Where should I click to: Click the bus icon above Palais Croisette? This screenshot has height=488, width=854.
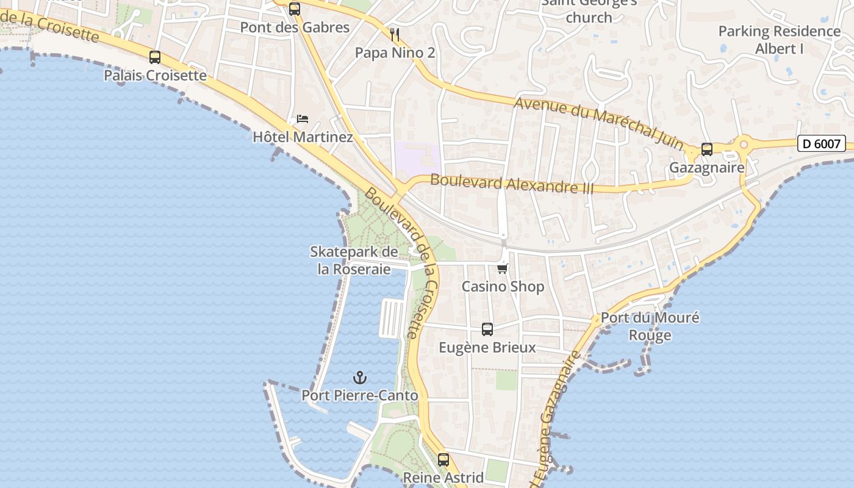coord(155,57)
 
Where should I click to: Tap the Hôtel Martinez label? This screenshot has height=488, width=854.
coord(303,137)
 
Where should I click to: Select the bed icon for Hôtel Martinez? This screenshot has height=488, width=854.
coord(303,118)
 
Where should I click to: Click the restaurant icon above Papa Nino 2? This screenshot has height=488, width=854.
coord(395,34)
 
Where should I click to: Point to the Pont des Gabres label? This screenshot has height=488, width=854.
coord(295,27)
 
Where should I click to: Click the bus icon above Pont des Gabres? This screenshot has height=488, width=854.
coord(295,9)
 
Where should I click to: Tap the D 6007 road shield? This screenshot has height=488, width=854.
coord(822,144)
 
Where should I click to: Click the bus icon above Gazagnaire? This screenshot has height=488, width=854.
coord(707,149)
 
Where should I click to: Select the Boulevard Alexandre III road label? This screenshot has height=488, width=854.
coord(512,184)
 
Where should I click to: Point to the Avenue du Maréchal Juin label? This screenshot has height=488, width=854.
coord(599,122)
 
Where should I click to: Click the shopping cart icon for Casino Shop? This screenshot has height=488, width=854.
coord(503,268)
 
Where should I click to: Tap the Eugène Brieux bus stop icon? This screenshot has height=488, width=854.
coord(487,329)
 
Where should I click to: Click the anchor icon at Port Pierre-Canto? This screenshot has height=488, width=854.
coord(360,378)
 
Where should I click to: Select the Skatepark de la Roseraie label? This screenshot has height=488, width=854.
coord(354,260)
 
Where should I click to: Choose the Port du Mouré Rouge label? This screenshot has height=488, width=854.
coord(650,326)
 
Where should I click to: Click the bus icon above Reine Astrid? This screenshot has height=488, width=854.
coord(443,459)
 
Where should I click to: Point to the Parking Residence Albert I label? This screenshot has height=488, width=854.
coord(779,40)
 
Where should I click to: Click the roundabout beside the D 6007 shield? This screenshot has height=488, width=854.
coord(744,145)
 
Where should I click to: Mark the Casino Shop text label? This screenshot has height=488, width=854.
coord(503,286)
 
